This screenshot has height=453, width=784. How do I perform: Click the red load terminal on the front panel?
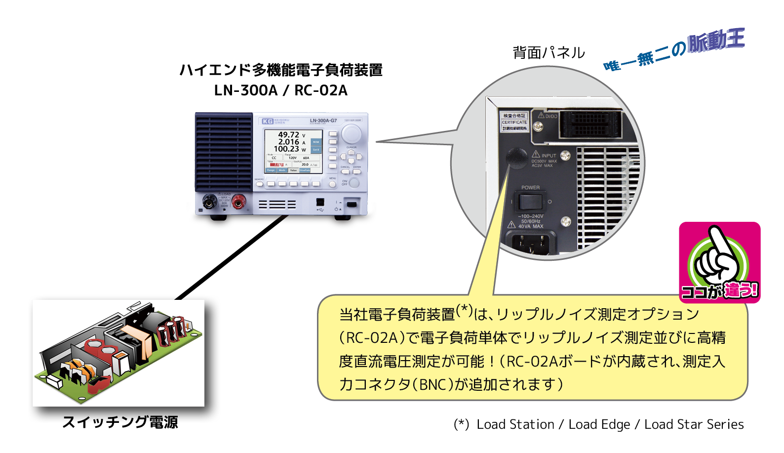(x=239, y=201)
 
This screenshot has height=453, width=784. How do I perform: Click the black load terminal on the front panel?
(x=209, y=201)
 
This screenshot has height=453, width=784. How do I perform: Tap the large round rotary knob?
(x=351, y=133)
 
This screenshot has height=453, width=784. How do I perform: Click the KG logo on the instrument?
(x=267, y=121)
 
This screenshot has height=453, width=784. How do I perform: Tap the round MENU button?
(x=332, y=184)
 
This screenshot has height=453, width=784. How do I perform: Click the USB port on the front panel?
(x=320, y=202)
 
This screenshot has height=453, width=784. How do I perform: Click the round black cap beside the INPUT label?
(x=516, y=158)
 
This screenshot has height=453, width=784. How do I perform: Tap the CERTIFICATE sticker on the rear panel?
(x=514, y=122)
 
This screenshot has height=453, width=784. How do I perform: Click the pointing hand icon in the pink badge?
(x=718, y=257)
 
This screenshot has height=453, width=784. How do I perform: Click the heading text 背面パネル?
(x=549, y=52)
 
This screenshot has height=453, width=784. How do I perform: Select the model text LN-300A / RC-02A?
(x=281, y=90)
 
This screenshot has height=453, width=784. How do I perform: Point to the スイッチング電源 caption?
(x=120, y=422)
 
